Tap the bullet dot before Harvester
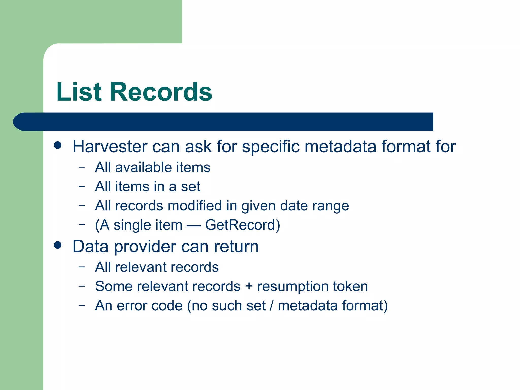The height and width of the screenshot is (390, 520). click(x=58, y=145)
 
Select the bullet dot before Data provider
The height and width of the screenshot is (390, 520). click(x=58, y=245)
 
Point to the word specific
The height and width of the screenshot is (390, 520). click(x=271, y=147)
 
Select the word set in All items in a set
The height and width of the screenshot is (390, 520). click(x=190, y=187)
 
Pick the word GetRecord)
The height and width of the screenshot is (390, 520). click(x=242, y=225)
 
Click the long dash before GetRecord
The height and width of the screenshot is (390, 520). click(x=194, y=225)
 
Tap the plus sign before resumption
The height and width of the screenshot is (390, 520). click(x=249, y=287)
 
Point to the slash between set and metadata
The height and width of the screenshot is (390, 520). click(x=272, y=305)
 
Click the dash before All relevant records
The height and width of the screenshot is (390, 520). click(x=82, y=267)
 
